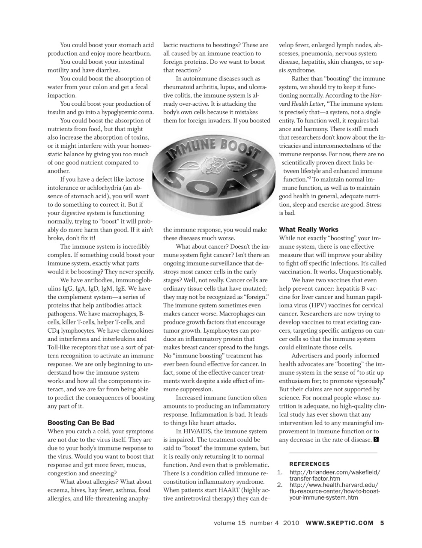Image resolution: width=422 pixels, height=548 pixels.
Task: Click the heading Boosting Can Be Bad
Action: (81, 423)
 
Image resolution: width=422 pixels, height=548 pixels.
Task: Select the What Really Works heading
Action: (308, 229)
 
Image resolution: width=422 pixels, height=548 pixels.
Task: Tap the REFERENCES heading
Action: (309, 464)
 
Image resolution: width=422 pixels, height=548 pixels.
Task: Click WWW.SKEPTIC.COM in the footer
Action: (340, 523)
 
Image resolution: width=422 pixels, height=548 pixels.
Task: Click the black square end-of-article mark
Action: (376, 439)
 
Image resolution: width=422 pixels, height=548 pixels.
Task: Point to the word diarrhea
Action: (108, 70)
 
